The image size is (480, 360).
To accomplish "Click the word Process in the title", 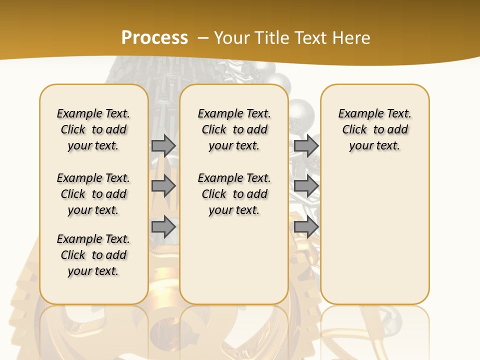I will [x=154, y=38].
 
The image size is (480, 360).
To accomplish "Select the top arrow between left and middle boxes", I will [x=163, y=145].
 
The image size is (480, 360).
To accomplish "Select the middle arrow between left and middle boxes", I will [x=163, y=186].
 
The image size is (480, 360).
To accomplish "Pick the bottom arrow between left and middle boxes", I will [x=163, y=227].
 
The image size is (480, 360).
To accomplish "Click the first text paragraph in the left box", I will [x=93, y=129].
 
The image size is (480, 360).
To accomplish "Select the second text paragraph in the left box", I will [x=93, y=194].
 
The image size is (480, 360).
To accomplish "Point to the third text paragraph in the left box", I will [x=93, y=255].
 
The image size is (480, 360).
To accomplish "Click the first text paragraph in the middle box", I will [x=234, y=129].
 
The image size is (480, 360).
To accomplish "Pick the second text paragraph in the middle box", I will [x=234, y=194].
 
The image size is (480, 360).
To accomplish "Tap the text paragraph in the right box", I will [x=375, y=129].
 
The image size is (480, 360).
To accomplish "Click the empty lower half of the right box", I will [x=375, y=240].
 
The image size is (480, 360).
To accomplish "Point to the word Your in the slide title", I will [x=232, y=38].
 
